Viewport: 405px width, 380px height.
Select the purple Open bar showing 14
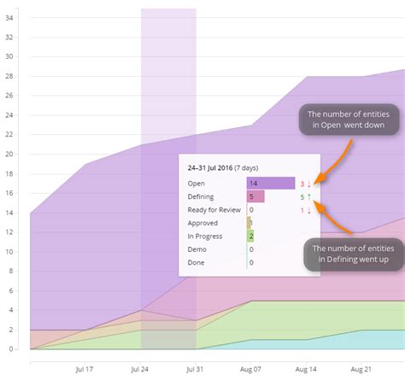click(270, 183)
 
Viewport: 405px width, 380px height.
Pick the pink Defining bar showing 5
click(255, 197)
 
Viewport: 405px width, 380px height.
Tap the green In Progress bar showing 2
click(250, 236)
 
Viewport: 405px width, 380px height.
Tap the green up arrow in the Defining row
click(310, 197)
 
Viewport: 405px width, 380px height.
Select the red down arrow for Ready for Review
click(310, 210)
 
